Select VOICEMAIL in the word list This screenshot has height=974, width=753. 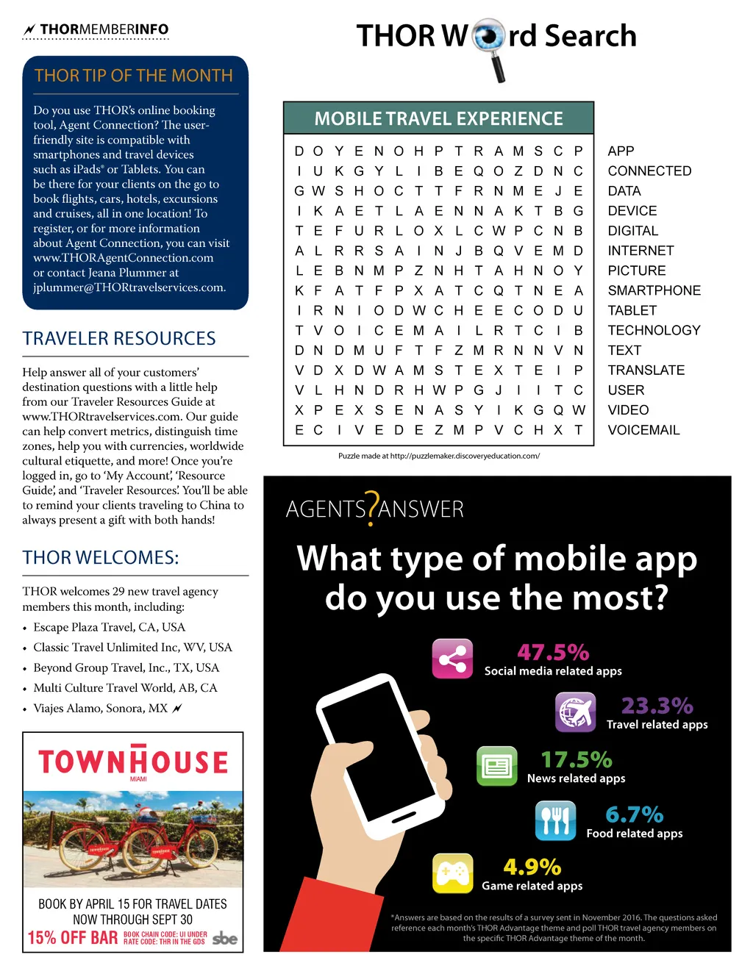(x=643, y=430)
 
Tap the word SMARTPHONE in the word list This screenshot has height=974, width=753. (x=654, y=290)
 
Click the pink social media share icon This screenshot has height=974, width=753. (x=452, y=658)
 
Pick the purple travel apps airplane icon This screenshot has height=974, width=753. (x=575, y=712)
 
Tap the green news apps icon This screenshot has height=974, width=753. (x=497, y=766)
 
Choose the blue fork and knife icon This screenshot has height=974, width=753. (x=555, y=820)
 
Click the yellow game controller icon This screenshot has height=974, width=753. (x=452, y=873)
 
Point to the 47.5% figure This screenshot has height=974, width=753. (x=553, y=652)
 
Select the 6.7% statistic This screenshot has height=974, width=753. (x=634, y=814)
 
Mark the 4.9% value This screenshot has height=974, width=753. (x=532, y=867)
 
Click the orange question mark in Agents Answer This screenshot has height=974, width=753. (x=373, y=509)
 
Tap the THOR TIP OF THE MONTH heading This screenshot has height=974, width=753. (x=134, y=76)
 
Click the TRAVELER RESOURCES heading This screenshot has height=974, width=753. (x=119, y=339)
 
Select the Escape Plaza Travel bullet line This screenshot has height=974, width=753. (x=109, y=627)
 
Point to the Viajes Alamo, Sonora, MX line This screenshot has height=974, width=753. (x=101, y=709)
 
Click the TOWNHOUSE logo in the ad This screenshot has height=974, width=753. (x=133, y=762)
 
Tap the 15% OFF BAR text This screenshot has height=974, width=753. (x=73, y=937)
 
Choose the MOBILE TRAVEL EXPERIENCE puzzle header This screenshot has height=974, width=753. (x=438, y=118)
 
